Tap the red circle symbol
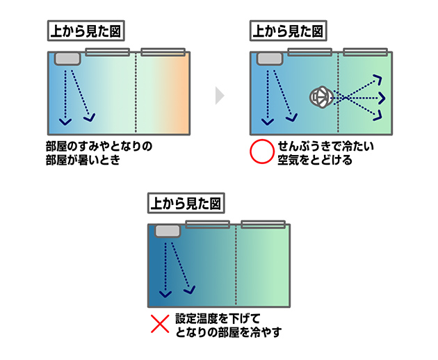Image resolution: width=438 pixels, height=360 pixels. pos(262,152)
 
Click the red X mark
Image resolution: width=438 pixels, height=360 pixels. pos(161,323)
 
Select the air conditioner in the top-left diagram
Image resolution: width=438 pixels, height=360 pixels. pos(67,58)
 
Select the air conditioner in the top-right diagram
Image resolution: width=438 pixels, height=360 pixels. pos(269,58)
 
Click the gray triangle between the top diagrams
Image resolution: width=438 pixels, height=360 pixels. pos(220,95)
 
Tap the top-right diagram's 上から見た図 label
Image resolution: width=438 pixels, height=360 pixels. pos(287,31)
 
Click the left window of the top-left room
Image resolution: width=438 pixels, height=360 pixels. pos(108,51)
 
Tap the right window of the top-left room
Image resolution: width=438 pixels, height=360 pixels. pos(163,51)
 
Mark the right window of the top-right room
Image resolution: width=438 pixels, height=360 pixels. pos(365,51)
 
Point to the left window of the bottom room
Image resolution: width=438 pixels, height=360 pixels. pos(207,224)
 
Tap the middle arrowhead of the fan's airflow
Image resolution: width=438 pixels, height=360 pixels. pos(380,97)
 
